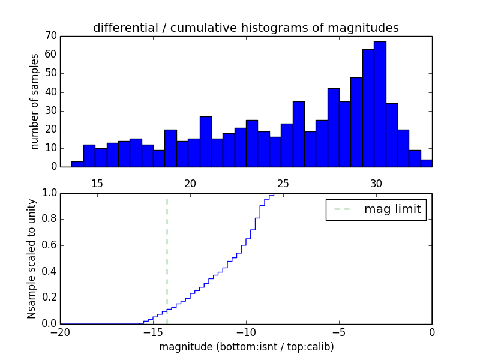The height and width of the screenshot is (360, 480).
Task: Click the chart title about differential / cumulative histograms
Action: pos(245,28)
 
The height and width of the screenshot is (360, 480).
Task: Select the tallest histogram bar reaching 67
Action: pos(380,104)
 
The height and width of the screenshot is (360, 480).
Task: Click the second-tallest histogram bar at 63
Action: pos(368,108)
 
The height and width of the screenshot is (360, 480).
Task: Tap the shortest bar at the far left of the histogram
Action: pos(77,164)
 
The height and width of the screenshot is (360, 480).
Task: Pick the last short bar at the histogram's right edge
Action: pos(427,163)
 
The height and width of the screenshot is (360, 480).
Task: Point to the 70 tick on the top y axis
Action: pos(50,36)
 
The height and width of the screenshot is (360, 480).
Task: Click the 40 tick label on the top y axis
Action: pos(50,92)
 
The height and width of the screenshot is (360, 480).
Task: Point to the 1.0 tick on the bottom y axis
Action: pos(49,193)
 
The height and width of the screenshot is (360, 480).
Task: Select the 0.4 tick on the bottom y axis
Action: pos(49,272)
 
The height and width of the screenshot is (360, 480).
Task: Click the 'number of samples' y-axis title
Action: pos(35,101)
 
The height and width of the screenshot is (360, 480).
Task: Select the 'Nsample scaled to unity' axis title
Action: pos(32,259)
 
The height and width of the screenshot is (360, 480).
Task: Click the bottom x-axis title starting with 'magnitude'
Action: pos(246,347)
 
